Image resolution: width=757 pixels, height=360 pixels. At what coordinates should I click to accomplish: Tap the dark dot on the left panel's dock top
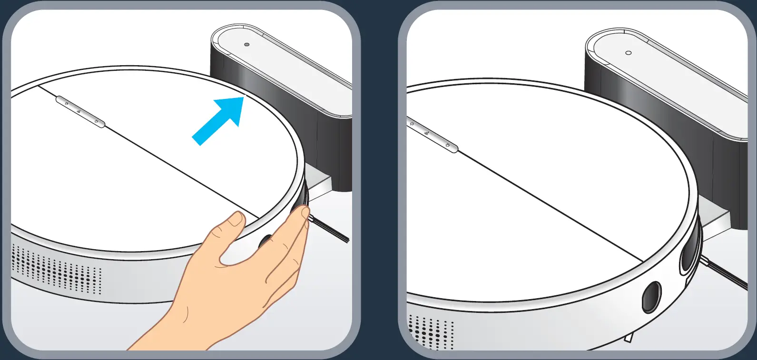click(x=246, y=44)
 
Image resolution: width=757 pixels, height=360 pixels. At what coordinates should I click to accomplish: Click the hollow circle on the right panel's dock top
click(x=628, y=53)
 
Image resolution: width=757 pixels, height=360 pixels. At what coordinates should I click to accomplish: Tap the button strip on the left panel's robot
click(x=80, y=113)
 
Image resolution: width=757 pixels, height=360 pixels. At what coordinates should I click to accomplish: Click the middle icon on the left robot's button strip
click(x=79, y=113)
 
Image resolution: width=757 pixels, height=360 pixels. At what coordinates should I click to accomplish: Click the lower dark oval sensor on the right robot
click(x=651, y=297)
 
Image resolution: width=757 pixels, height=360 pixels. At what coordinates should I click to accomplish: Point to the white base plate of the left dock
click(x=319, y=183)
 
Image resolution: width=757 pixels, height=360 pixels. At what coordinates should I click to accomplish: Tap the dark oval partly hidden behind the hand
click(x=263, y=241)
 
